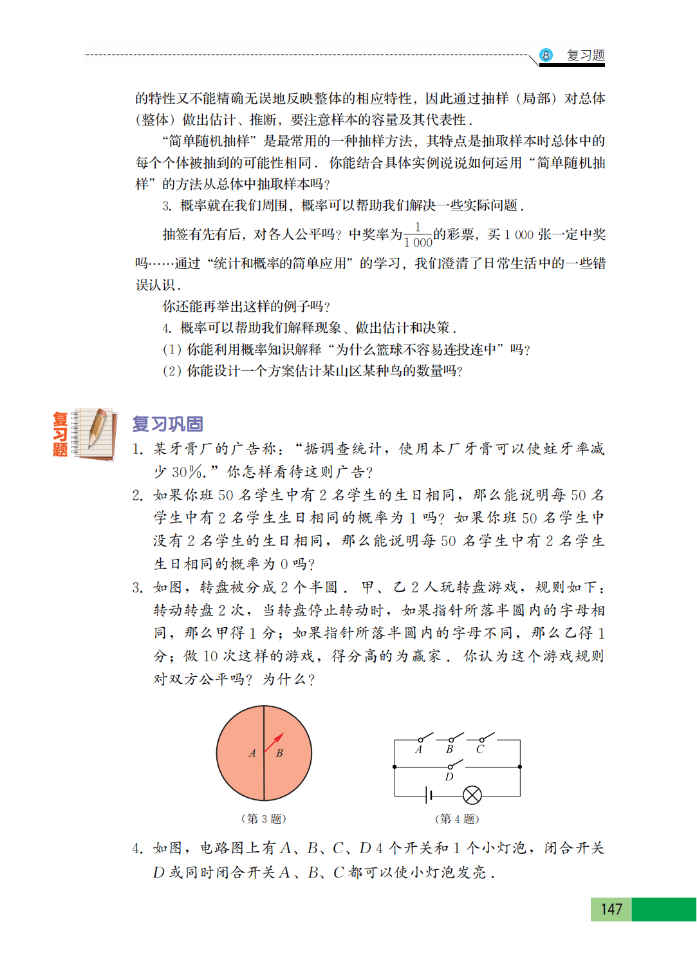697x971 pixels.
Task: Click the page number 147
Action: point(611,909)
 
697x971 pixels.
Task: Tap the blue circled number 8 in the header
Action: point(546,55)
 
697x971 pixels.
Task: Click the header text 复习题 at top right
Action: point(586,55)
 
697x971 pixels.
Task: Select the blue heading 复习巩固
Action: point(168,424)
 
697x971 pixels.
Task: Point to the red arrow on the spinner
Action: point(275,742)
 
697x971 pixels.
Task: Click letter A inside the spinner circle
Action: point(252,753)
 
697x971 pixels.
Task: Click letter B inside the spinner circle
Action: point(279,753)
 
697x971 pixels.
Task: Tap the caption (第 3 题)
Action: point(263,818)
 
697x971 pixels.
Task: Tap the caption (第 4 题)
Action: point(457,818)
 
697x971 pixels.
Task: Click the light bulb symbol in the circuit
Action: point(472,796)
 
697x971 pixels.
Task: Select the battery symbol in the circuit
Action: point(428,796)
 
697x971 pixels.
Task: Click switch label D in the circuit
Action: point(449,777)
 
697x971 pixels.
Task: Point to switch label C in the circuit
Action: point(480,749)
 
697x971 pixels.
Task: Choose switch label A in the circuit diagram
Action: point(419,749)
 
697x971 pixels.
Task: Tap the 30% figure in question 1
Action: point(188,472)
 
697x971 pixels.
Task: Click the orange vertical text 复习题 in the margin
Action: point(60,435)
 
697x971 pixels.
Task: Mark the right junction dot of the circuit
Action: point(520,767)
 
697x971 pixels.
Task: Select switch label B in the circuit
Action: point(450,749)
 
